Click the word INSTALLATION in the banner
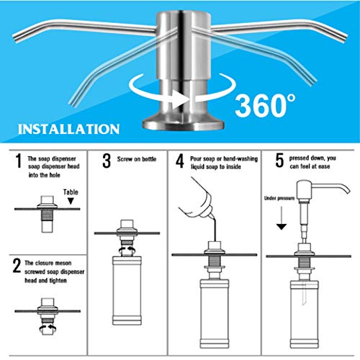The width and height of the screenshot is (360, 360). pyautogui.click(x=69, y=129)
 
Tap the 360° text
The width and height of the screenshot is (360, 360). pyautogui.click(x=265, y=105)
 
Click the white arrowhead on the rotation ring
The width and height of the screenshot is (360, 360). pyautogui.click(x=179, y=99)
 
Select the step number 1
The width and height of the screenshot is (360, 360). pyautogui.click(x=18, y=161)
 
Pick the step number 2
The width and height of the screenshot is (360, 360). pyautogui.click(x=17, y=266)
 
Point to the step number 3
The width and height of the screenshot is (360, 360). pyautogui.click(x=107, y=161)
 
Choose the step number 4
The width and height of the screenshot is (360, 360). pyautogui.click(x=180, y=161)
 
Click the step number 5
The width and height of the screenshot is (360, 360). pyautogui.click(x=279, y=161)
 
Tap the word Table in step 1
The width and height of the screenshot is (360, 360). pyautogui.click(x=71, y=192)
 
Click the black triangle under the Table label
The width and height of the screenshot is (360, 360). pyautogui.click(x=71, y=201)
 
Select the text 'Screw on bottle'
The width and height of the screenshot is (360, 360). pyautogui.click(x=137, y=159)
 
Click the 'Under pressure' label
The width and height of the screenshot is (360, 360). pyautogui.click(x=279, y=198)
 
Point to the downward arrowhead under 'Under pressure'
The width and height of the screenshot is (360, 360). pyautogui.click(x=282, y=227)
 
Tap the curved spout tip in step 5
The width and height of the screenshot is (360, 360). pyautogui.click(x=347, y=191)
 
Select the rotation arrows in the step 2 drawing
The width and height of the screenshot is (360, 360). pyautogui.click(x=48, y=328)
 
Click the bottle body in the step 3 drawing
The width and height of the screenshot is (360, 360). pyautogui.click(x=127, y=290)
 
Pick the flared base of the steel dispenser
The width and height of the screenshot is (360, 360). pyautogui.click(x=184, y=123)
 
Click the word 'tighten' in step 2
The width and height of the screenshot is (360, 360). pyautogui.click(x=58, y=280)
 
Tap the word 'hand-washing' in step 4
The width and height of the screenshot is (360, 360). pyautogui.click(x=240, y=159)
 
